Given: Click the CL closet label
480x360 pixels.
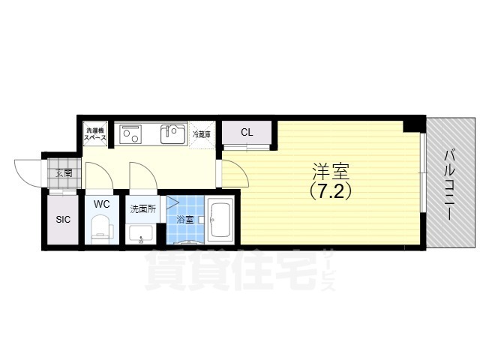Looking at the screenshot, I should tap(247, 133).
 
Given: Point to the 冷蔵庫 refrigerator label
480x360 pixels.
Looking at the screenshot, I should tap(202, 135).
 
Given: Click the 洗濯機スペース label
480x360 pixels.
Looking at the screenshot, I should tap(95, 134).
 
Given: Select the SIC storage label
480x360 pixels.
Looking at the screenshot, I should tap(63, 220).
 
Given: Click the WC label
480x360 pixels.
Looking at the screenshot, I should tap(102, 203).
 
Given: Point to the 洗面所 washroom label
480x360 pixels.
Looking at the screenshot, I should tap(142, 208).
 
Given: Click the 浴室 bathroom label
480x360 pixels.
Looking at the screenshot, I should tap(185, 220).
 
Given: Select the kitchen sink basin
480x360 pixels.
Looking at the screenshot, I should tap(173, 135).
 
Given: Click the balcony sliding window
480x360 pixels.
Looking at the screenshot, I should tap(423, 172).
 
